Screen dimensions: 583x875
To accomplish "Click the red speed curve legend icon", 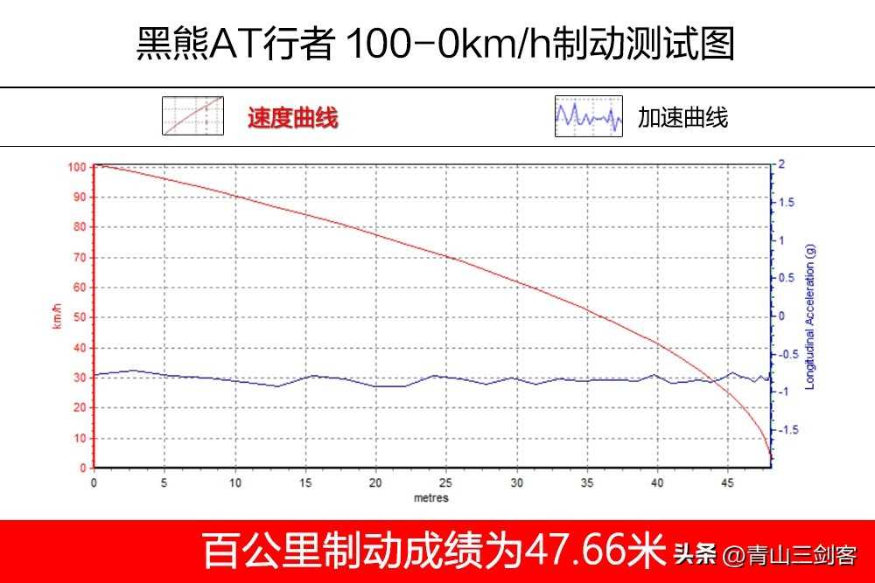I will (192, 116).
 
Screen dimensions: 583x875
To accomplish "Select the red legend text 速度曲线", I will (292, 118).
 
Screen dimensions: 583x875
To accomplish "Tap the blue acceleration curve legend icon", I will (588, 116).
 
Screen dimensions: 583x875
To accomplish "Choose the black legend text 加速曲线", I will (682, 118).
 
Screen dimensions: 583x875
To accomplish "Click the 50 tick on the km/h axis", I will (80, 317).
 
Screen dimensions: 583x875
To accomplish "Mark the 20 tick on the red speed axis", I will (80, 408).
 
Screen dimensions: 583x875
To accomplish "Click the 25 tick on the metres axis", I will (446, 482).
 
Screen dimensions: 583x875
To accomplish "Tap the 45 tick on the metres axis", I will (728, 482).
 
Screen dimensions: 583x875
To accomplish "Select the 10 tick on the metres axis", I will (235, 482).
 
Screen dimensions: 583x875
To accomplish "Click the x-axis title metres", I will (431, 498).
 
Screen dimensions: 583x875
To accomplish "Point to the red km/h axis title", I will (58, 317).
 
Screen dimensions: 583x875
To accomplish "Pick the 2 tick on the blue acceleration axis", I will (781, 164).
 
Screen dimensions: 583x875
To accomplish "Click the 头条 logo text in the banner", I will (695, 554).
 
